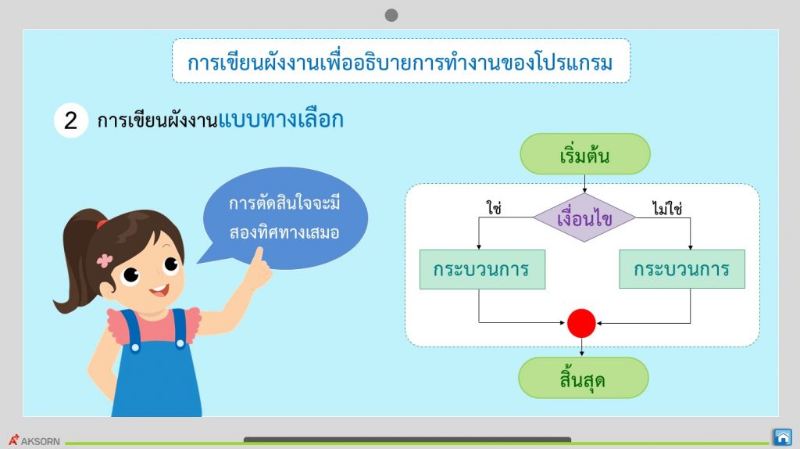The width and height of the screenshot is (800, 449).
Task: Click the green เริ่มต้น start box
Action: (x=584, y=154)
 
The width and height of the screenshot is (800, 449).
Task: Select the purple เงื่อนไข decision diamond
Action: (x=584, y=217)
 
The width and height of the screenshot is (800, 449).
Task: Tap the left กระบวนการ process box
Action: (x=482, y=269)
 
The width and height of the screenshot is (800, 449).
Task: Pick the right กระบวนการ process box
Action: (x=681, y=269)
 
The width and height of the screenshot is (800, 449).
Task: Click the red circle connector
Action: (x=581, y=323)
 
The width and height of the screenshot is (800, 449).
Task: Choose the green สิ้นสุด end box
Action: (x=583, y=378)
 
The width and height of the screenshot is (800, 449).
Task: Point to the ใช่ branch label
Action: (x=494, y=208)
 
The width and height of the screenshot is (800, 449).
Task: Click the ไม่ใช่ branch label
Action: (x=667, y=208)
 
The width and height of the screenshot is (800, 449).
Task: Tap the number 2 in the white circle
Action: (x=71, y=120)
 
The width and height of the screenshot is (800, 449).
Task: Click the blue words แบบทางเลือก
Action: (x=280, y=120)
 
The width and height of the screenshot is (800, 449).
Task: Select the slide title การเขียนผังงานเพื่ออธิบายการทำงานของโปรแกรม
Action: (x=400, y=63)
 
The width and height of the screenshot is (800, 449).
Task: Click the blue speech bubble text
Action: (x=284, y=218)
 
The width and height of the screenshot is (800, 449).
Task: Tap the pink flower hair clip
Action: (x=105, y=260)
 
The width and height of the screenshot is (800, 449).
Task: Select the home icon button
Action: (x=782, y=437)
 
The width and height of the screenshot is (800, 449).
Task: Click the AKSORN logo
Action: (x=34, y=440)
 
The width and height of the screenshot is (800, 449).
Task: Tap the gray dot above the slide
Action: (x=391, y=16)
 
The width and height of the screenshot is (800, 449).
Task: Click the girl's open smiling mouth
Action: (x=159, y=291)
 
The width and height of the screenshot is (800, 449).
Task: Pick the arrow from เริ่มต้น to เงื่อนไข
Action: (x=584, y=183)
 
